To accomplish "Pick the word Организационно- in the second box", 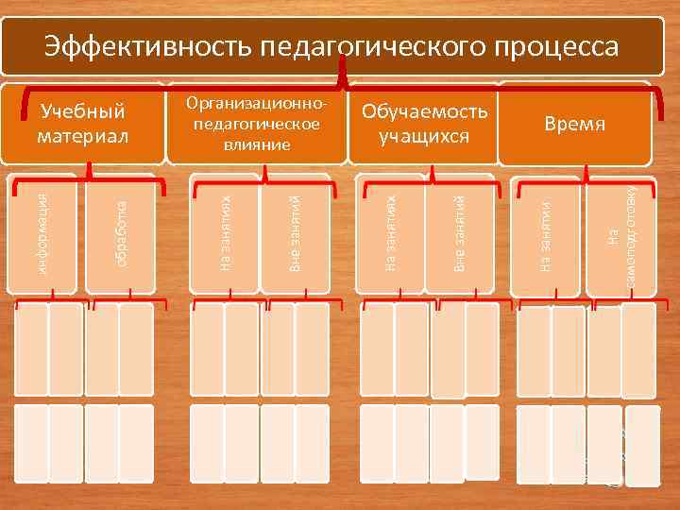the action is click(x=258, y=102).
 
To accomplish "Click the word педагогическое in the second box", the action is click(x=258, y=124).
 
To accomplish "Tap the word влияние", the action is click(x=258, y=144).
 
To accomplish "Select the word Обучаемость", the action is click(x=425, y=111).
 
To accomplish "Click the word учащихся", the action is click(x=425, y=136).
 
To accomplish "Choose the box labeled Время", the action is click(x=574, y=126).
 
